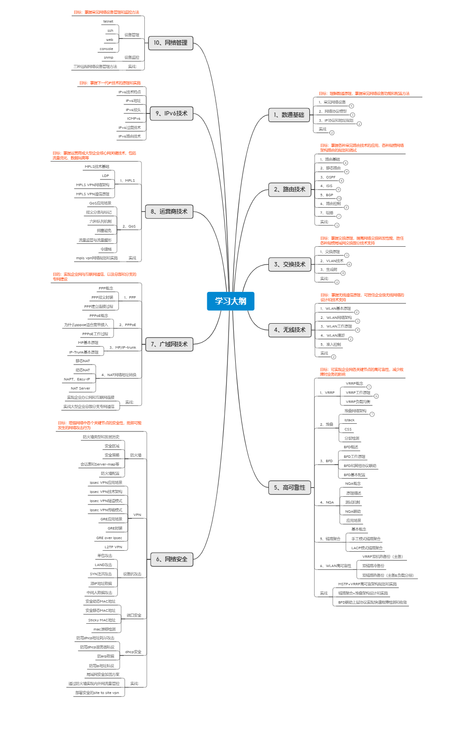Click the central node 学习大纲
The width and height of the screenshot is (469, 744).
[230, 301]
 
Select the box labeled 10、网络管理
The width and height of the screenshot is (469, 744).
[170, 43]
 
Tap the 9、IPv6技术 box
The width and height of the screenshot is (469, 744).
[171, 113]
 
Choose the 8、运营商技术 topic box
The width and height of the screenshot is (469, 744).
[169, 212]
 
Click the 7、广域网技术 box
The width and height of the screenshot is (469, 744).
[169, 344]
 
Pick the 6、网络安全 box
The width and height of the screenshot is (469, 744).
[171, 559]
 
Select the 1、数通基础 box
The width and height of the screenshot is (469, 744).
[289, 115]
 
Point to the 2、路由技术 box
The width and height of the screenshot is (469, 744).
[289, 189]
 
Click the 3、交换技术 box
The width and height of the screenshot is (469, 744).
[289, 265]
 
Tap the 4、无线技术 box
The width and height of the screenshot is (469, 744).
[289, 330]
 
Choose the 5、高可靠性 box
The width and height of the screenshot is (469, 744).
[289, 488]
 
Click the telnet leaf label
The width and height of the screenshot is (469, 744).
[108, 22]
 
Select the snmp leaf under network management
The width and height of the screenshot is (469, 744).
[109, 58]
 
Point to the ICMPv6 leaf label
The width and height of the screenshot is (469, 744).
[134, 119]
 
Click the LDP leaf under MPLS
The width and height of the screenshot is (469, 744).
[105, 176]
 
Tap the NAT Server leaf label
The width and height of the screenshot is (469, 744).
[80, 389]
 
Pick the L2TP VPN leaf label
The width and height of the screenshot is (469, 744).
[114, 547]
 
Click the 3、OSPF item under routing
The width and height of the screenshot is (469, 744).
[328, 177]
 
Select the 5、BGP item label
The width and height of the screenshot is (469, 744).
[327, 195]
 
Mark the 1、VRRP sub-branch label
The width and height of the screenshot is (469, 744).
[327, 393]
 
